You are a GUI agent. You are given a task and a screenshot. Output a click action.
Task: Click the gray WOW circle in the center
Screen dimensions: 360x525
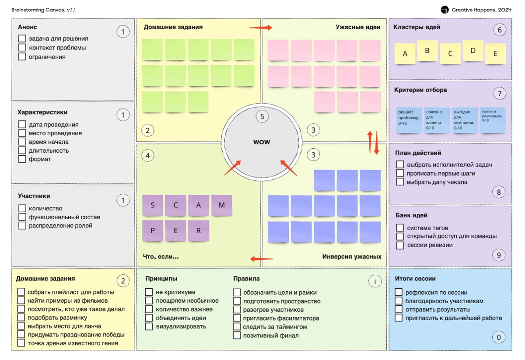[x=262, y=142]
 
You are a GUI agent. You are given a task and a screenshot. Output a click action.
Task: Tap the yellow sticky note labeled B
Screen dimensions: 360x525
[x=427, y=51]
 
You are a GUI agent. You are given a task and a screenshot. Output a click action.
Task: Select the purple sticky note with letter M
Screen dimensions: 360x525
[x=222, y=205]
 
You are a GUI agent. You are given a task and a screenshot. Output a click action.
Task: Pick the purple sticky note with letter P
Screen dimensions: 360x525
[x=153, y=231]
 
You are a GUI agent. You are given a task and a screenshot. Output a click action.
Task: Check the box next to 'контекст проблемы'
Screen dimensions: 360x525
[x=22, y=48]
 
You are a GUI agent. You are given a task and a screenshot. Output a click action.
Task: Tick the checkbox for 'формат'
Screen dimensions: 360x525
[x=22, y=159]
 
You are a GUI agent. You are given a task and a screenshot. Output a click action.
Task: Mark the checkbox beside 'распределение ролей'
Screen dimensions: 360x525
[x=22, y=226]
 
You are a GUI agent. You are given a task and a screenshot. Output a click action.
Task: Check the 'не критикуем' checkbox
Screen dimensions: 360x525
[x=149, y=292]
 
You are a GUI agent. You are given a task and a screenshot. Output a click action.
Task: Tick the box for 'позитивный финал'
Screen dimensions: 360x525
[x=237, y=336]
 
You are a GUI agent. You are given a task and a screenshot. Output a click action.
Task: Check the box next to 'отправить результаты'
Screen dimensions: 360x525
[x=399, y=309]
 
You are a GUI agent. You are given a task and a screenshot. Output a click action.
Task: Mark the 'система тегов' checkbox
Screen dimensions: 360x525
[x=400, y=228]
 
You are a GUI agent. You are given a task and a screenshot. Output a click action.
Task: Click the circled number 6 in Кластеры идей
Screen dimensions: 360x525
[x=499, y=30]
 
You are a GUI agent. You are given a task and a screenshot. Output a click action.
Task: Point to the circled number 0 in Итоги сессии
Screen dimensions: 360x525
[x=498, y=337]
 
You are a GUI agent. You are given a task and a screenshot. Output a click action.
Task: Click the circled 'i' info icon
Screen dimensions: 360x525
[x=374, y=281]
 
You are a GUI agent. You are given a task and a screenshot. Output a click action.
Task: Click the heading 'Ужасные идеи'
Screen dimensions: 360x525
[x=358, y=27]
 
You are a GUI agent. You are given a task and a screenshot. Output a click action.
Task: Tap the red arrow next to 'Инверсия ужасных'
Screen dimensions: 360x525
[x=261, y=259]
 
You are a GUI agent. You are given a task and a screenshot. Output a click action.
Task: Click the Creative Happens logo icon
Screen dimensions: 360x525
[x=444, y=10]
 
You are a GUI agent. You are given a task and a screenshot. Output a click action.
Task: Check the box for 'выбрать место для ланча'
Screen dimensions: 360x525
[x=21, y=326]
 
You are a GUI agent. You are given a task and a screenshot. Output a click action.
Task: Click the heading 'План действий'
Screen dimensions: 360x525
[x=418, y=153]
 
